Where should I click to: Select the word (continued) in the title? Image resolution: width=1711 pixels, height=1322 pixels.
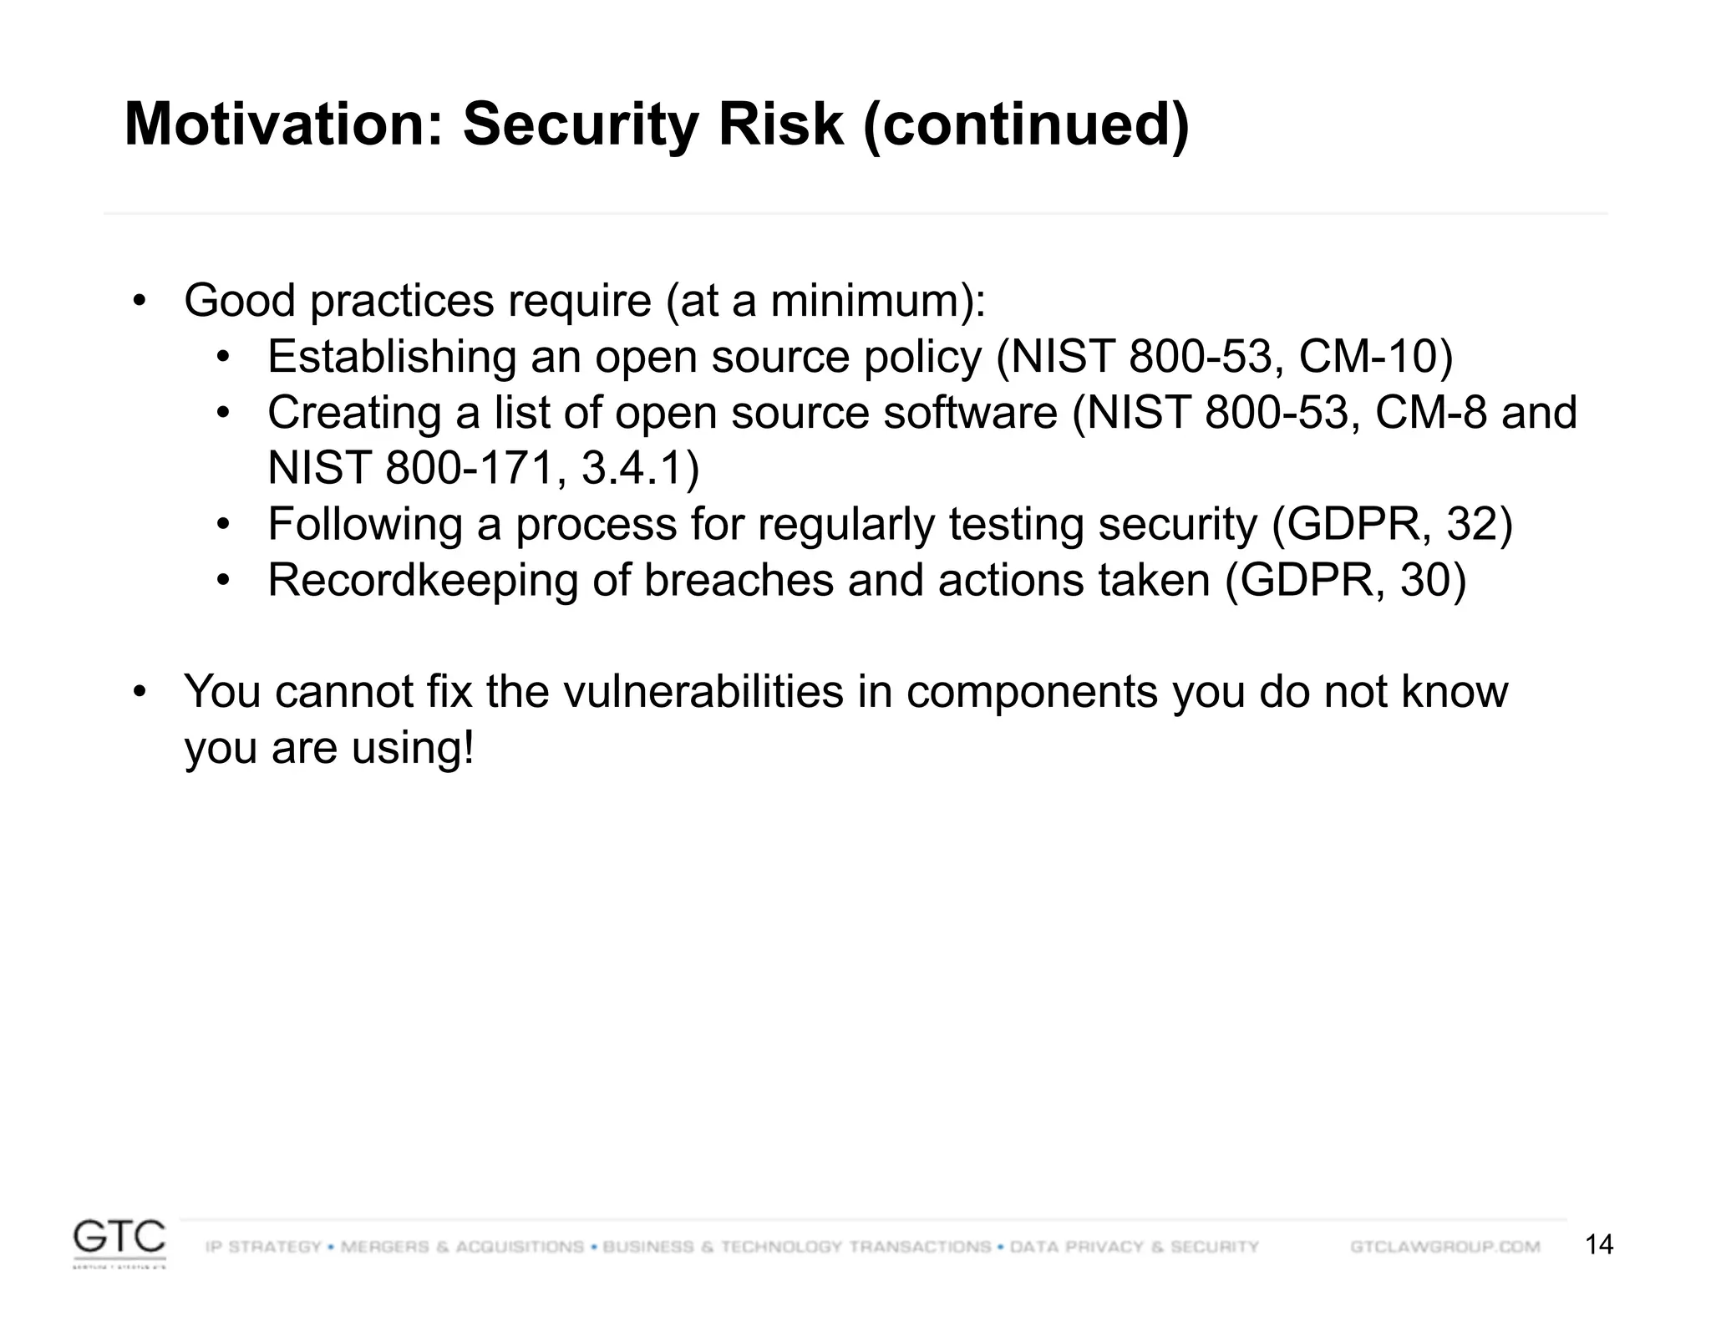click(1025, 125)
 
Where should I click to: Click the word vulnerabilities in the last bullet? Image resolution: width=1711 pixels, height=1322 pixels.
click(703, 692)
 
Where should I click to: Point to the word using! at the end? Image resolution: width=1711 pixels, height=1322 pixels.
click(413, 748)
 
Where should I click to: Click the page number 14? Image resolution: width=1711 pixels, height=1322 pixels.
click(1598, 1245)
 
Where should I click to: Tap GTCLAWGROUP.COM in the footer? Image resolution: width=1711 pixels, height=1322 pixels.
click(1444, 1247)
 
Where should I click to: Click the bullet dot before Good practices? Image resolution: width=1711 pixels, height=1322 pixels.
click(140, 300)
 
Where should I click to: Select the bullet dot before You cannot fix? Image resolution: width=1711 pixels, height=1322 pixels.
click(140, 692)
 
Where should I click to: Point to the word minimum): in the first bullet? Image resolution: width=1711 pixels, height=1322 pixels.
click(877, 301)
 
